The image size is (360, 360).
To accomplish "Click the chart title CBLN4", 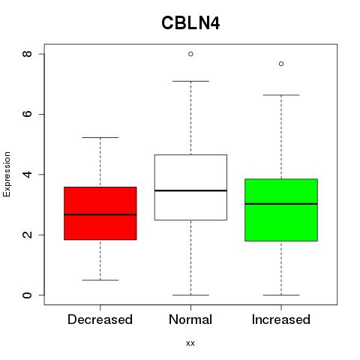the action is [190, 23].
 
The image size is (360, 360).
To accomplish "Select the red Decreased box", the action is [100, 213].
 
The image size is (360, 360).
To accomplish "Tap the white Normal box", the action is [190, 187].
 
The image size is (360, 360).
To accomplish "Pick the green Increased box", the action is [281, 210].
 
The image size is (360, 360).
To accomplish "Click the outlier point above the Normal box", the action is [190, 54].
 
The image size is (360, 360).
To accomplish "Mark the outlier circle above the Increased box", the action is [281, 64].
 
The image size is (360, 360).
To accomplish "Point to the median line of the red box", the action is [100, 214].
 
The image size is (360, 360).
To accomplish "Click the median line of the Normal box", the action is [190, 190].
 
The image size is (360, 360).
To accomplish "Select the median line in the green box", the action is [281, 204].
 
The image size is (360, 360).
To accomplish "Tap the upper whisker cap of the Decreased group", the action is [100, 137].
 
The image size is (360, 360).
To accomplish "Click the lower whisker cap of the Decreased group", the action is [100, 280].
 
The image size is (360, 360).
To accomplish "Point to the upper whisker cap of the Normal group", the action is [190, 81].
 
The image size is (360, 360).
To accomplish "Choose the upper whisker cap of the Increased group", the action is [281, 95].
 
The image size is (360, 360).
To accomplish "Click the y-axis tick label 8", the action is [27, 54].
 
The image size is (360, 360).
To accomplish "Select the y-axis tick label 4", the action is [27, 175].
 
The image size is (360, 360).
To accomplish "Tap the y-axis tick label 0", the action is [27, 295].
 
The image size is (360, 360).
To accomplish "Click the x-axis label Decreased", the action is [100, 319].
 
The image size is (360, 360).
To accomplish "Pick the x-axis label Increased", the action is [281, 319].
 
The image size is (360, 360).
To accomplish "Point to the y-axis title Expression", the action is [7, 174].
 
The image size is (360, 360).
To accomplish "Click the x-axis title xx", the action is [190, 343].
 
